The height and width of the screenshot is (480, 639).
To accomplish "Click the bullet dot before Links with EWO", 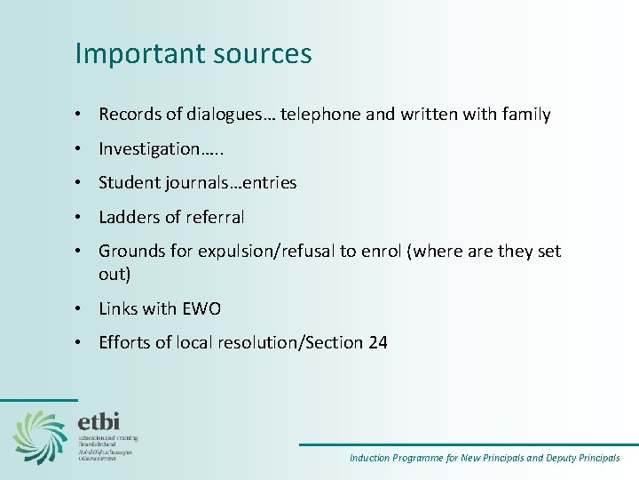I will [x=80, y=309].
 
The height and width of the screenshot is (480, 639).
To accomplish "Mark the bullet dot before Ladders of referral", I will [x=80, y=217].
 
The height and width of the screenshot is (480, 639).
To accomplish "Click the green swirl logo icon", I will [x=40, y=436].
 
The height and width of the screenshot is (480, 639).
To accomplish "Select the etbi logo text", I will [x=99, y=420].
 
